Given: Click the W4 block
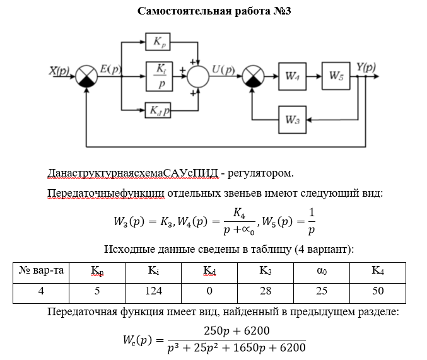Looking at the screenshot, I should click(292, 76).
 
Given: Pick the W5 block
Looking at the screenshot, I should click(336, 76).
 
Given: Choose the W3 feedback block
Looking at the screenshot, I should click(292, 119).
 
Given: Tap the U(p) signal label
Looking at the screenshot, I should click(223, 70).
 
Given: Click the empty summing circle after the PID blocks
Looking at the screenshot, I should click(199, 76).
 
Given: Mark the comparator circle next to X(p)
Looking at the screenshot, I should click(86, 76).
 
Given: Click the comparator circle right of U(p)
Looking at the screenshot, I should click(253, 76).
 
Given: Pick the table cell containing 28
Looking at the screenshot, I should click(265, 291).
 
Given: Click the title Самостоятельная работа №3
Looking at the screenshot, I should click(214, 12).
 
